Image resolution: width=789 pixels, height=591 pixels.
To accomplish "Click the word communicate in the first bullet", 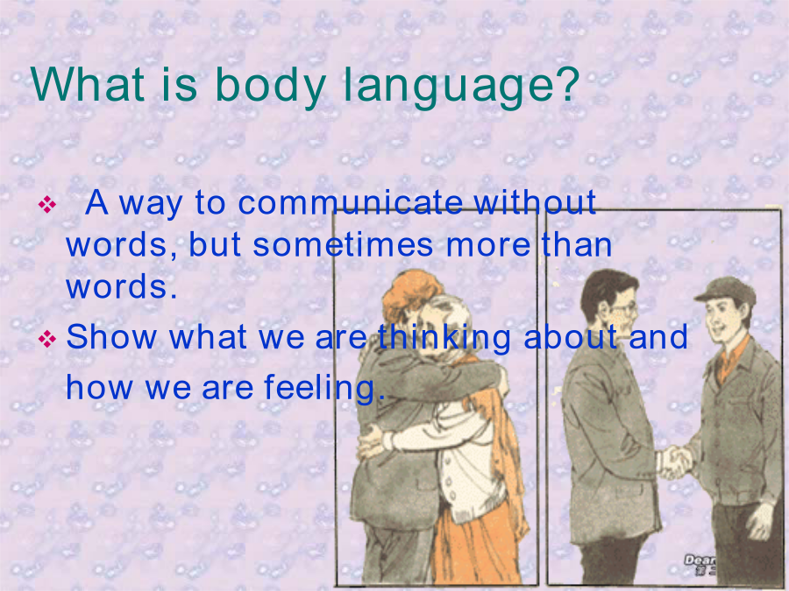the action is point(350,202).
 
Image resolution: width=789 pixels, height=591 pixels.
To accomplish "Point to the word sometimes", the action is point(343,245).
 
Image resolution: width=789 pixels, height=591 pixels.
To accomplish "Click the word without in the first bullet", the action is point(535,202).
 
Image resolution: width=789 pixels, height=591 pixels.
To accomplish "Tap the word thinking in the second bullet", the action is point(444,338).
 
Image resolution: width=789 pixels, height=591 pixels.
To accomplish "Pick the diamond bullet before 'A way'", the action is point(46,205).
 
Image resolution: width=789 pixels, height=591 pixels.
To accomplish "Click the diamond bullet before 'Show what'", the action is point(46,339).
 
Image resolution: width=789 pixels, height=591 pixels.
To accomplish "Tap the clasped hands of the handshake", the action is point(674,461).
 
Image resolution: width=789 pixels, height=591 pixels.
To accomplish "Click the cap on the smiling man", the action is point(727,290).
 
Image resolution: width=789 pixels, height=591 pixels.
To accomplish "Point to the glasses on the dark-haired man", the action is point(623,308).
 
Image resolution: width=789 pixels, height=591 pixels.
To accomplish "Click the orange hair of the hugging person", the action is point(409,294).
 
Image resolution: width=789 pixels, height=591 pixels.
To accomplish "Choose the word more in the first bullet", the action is point(488,245).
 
